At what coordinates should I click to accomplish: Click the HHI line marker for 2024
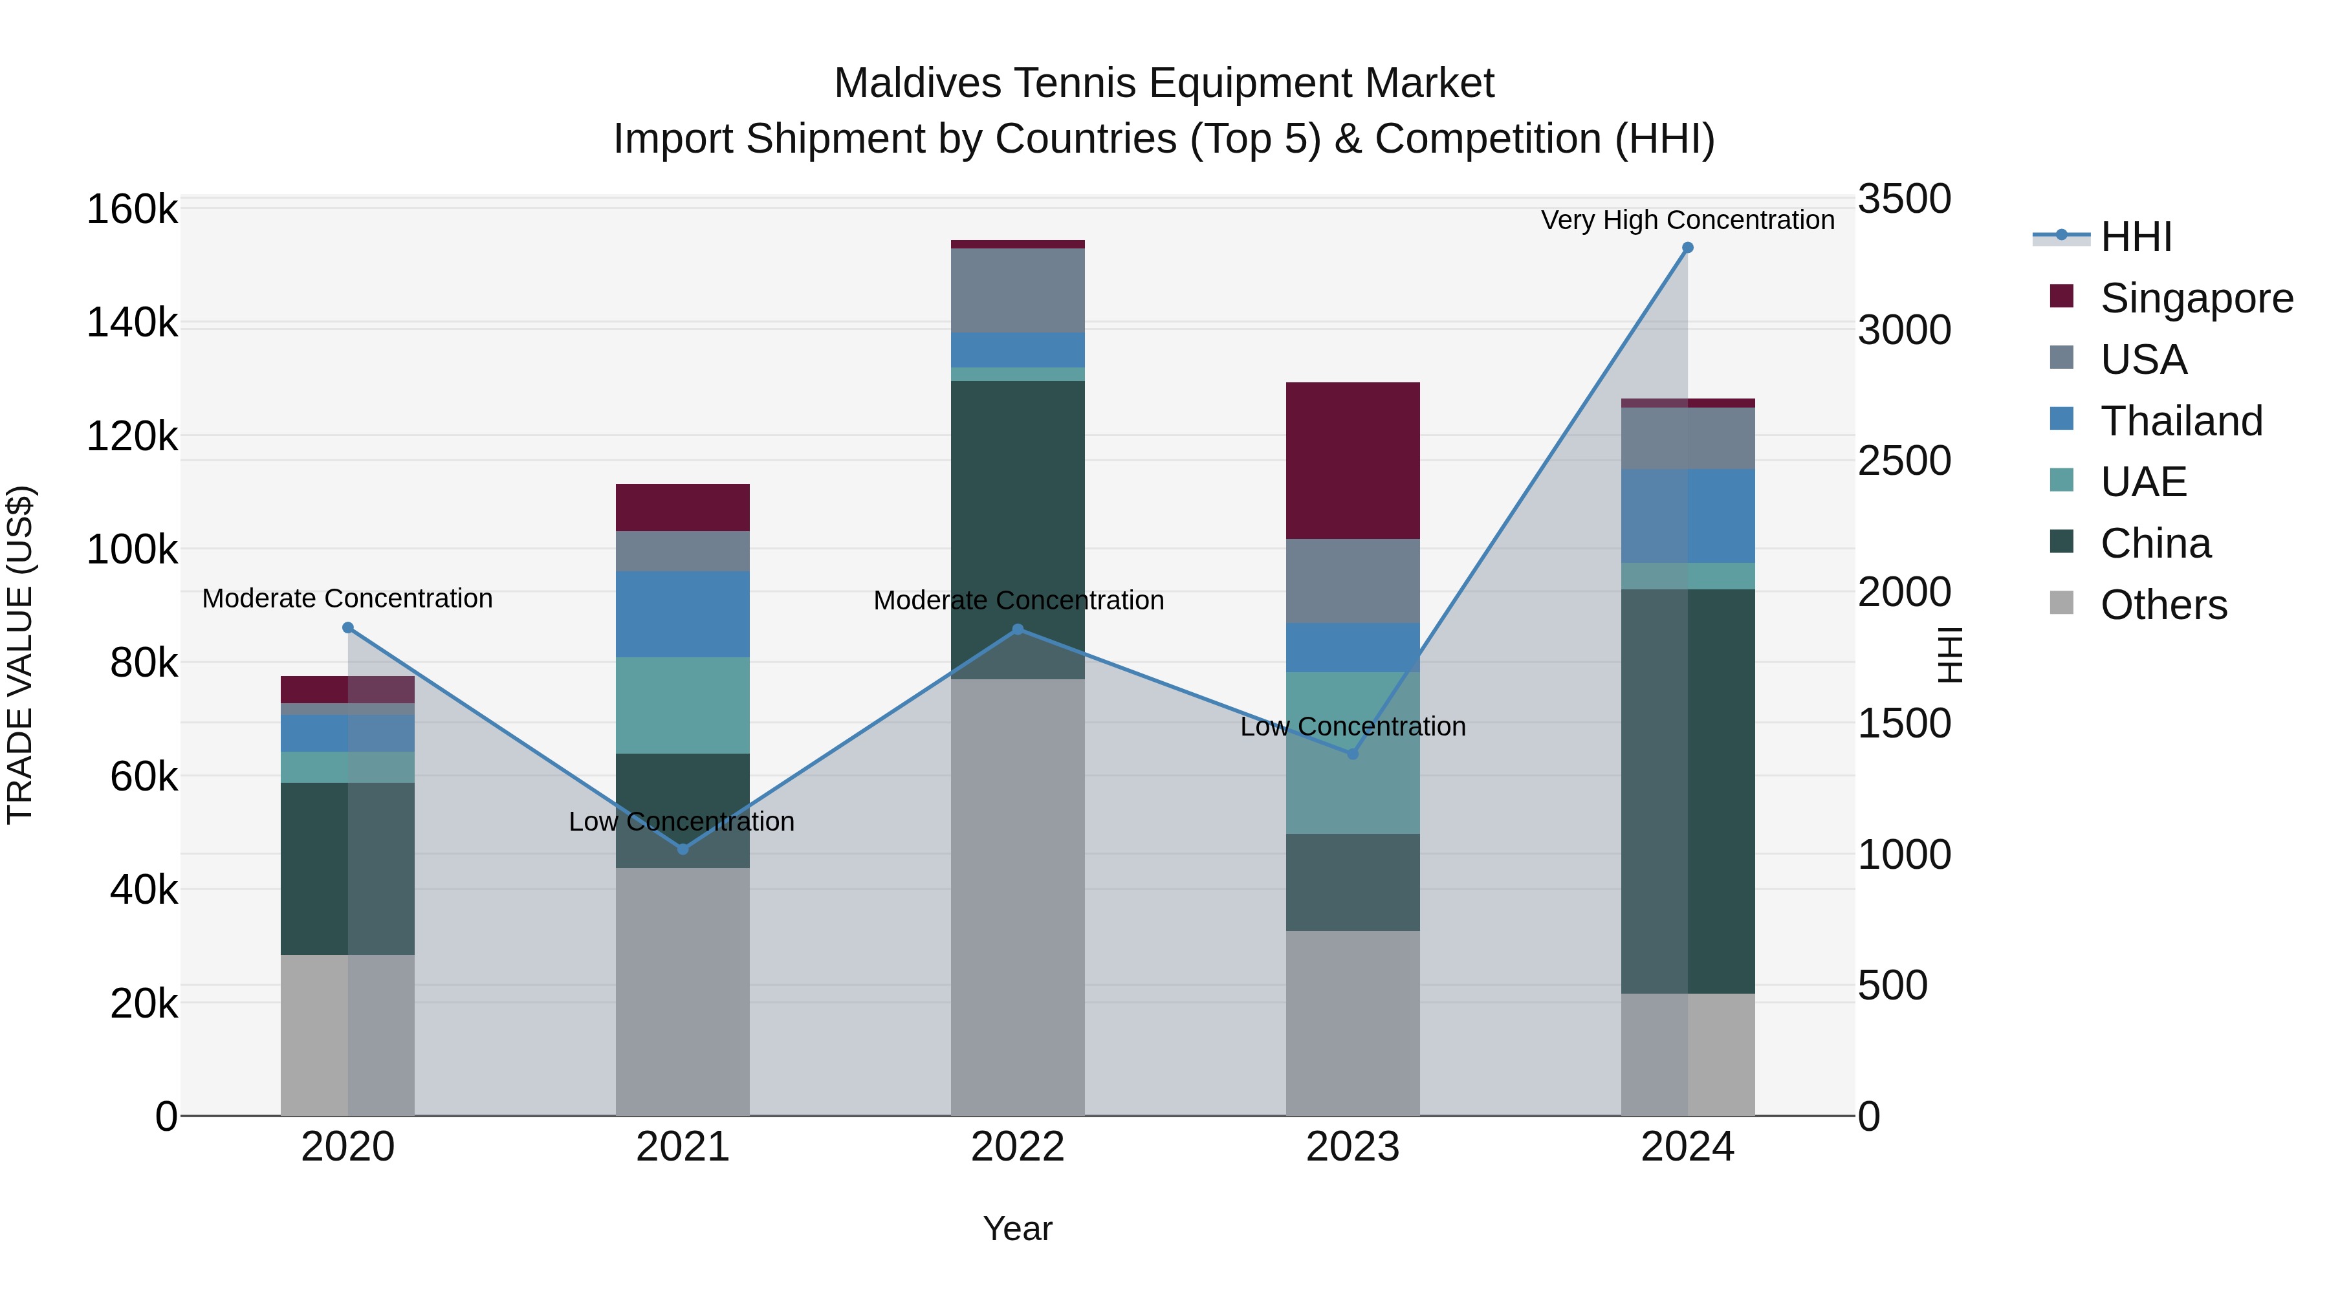pyautogui.click(x=1687, y=248)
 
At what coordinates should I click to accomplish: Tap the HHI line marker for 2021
pyautogui.click(x=683, y=849)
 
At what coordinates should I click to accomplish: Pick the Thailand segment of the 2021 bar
pyautogui.click(x=683, y=614)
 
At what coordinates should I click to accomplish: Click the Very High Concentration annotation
pyautogui.click(x=1687, y=220)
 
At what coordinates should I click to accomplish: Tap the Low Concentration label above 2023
pyautogui.click(x=1353, y=727)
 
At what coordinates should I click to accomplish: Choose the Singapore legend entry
pyautogui.click(x=2196, y=298)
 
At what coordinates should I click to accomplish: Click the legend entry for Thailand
pyautogui.click(x=2181, y=421)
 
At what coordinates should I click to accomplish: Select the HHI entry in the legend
pyautogui.click(x=2136, y=237)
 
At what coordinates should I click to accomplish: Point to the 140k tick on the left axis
pyautogui.click(x=132, y=323)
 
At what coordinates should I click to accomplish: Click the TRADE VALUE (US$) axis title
pyautogui.click(x=20, y=655)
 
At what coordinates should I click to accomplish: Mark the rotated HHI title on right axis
pyautogui.click(x=1950, y=655)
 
